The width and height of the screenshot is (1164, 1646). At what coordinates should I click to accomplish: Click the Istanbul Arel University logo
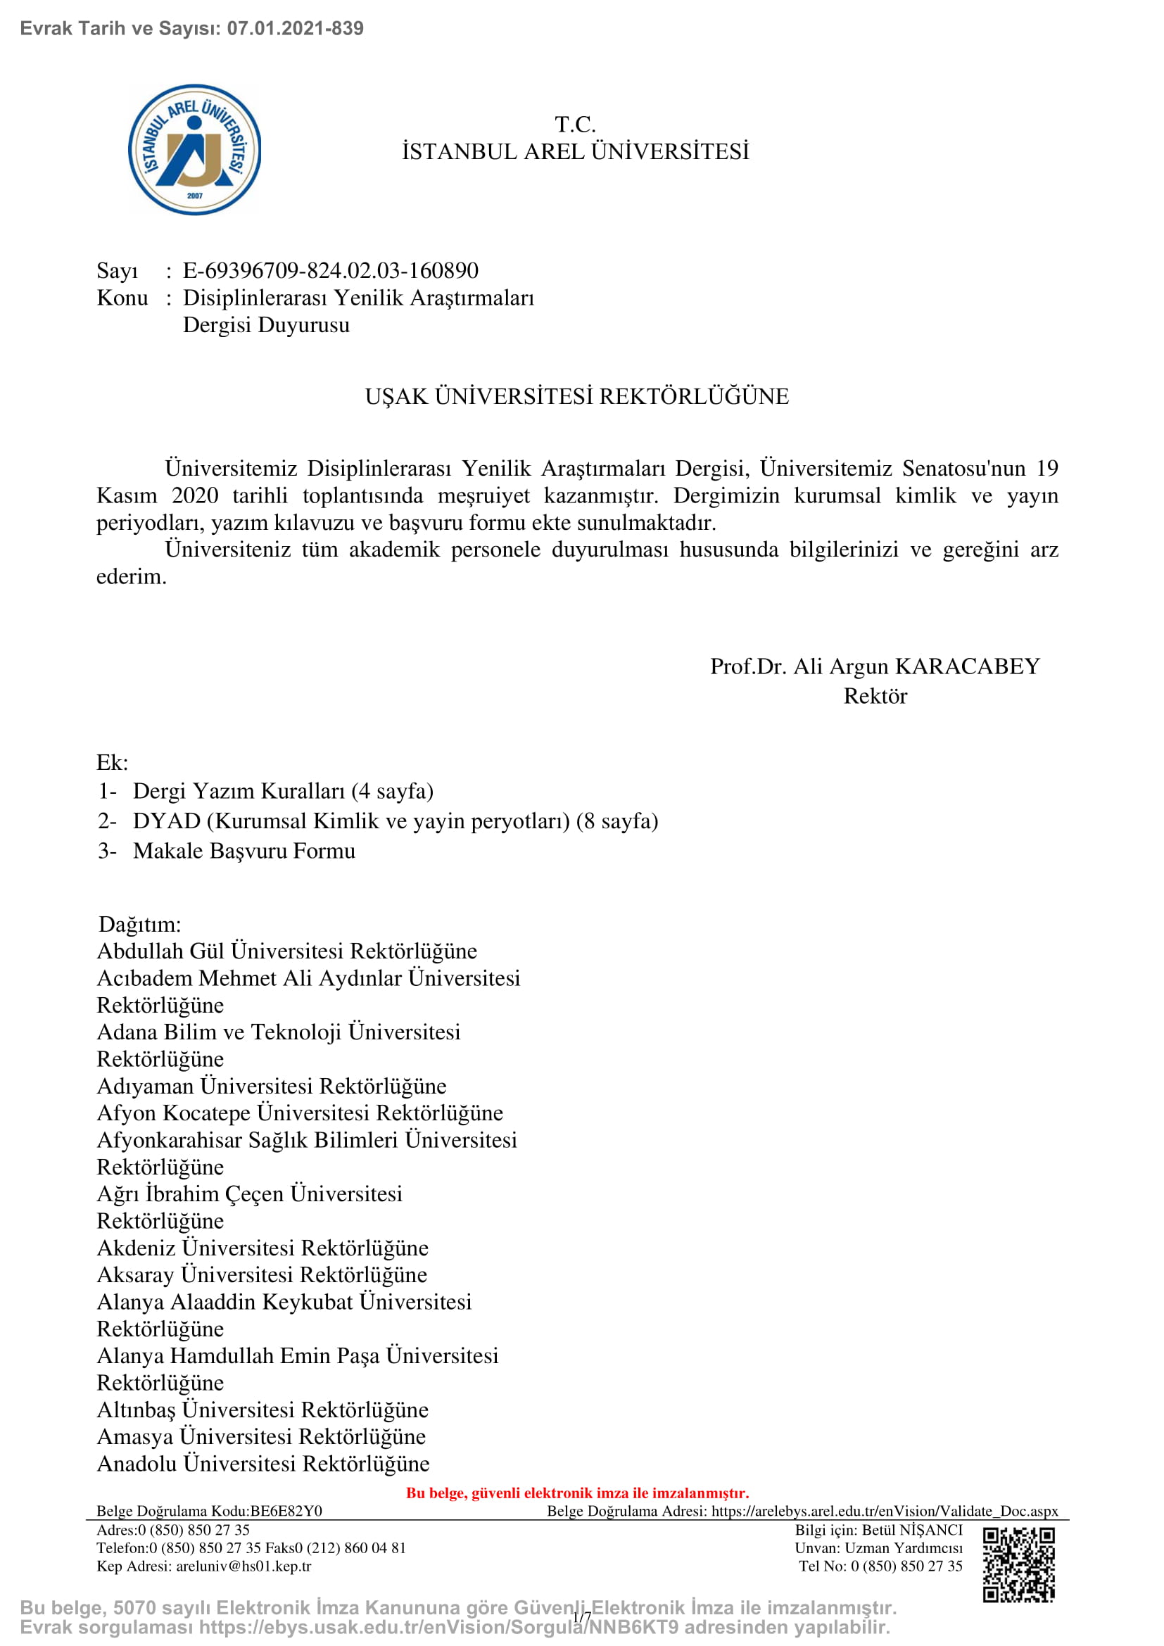(x=194, y=150)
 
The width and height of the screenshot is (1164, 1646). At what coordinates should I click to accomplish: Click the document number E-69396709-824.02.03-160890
(x=331, y=270)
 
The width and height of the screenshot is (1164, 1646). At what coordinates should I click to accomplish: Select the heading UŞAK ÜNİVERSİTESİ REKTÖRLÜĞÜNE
(x=577, y=396)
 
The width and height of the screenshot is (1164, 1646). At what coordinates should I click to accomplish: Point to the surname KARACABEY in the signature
(x=968, y=666)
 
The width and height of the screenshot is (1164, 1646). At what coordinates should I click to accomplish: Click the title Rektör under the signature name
(x=875, y=696)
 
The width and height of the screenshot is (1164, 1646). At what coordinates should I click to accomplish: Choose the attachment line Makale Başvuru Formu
(x=243, y=851)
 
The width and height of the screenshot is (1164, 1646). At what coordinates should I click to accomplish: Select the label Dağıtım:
(x=140, y=924)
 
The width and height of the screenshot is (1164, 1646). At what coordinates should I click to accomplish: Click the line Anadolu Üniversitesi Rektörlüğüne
(x=263, y=1463)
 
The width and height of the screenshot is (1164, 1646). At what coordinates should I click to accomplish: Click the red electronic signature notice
(x=577, y=1493)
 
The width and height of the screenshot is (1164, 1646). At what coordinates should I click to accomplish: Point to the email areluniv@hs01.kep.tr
(x=243, y=1566)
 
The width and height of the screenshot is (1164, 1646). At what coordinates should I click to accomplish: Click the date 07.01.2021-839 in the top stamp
(x=296, y=29)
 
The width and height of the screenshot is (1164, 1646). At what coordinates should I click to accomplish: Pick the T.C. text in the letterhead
(x=576, y=125)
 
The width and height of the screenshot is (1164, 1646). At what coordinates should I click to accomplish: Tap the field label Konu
(x=122, y=298)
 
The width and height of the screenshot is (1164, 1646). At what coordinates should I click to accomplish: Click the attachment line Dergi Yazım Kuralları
(x=283, y=791)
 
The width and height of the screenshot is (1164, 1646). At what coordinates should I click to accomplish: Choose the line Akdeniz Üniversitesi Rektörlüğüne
(x=262, y=1248)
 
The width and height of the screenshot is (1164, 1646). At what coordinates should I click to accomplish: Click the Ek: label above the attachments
(x=113, y=762)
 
